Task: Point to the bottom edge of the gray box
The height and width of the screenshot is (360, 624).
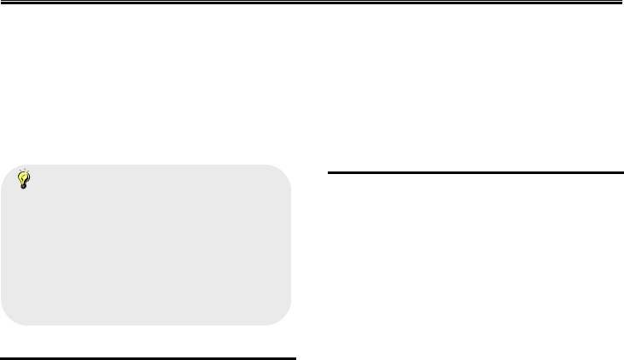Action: (146, 324)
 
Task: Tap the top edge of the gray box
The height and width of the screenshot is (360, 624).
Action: (146, 165)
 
